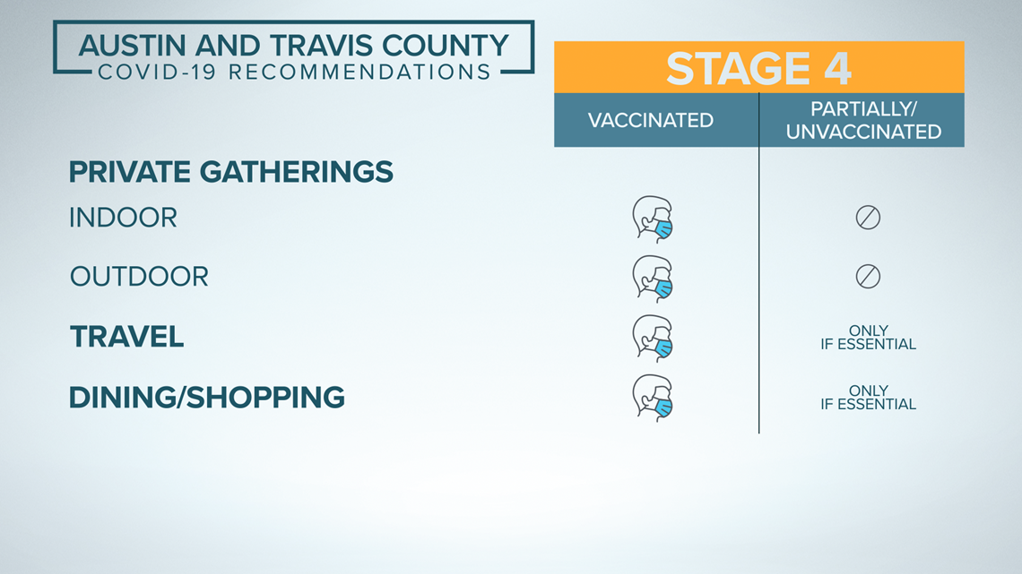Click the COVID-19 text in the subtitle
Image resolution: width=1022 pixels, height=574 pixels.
157,72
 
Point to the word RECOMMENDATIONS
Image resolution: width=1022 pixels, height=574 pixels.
359,72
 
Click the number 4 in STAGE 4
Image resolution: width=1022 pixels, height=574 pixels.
837,68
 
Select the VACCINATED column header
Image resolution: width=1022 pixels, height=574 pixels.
651,120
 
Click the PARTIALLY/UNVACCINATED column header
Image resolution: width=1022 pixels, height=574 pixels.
863,120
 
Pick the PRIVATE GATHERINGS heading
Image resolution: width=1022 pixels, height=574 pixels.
230,172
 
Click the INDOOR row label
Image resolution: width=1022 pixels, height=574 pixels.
123,218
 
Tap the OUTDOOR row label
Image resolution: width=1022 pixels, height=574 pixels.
139,277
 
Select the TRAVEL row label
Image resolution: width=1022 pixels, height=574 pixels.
127,337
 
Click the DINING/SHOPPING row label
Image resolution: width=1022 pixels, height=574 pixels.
206,397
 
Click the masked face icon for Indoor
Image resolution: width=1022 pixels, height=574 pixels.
653,219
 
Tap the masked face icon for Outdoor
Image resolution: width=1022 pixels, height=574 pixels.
653,279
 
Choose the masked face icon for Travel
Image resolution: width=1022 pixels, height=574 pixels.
653,338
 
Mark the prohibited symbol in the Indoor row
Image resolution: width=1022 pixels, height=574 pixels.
868,218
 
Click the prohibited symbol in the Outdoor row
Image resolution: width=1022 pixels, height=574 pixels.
868,277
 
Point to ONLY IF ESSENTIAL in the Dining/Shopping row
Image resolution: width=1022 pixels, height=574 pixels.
868,397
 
